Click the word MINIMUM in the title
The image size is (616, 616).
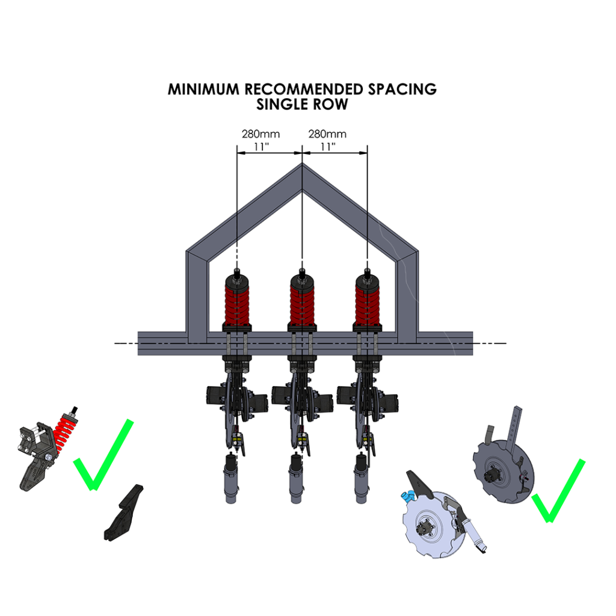click(203, 89)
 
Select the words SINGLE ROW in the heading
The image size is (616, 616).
click(302, 104)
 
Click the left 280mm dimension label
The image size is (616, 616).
click(260, 134)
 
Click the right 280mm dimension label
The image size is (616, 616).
click(327, 134)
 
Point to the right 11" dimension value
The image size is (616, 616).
click(328, 146)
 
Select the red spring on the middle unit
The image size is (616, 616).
click(302, 304)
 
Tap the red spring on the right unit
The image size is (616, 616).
click(367, 304)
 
